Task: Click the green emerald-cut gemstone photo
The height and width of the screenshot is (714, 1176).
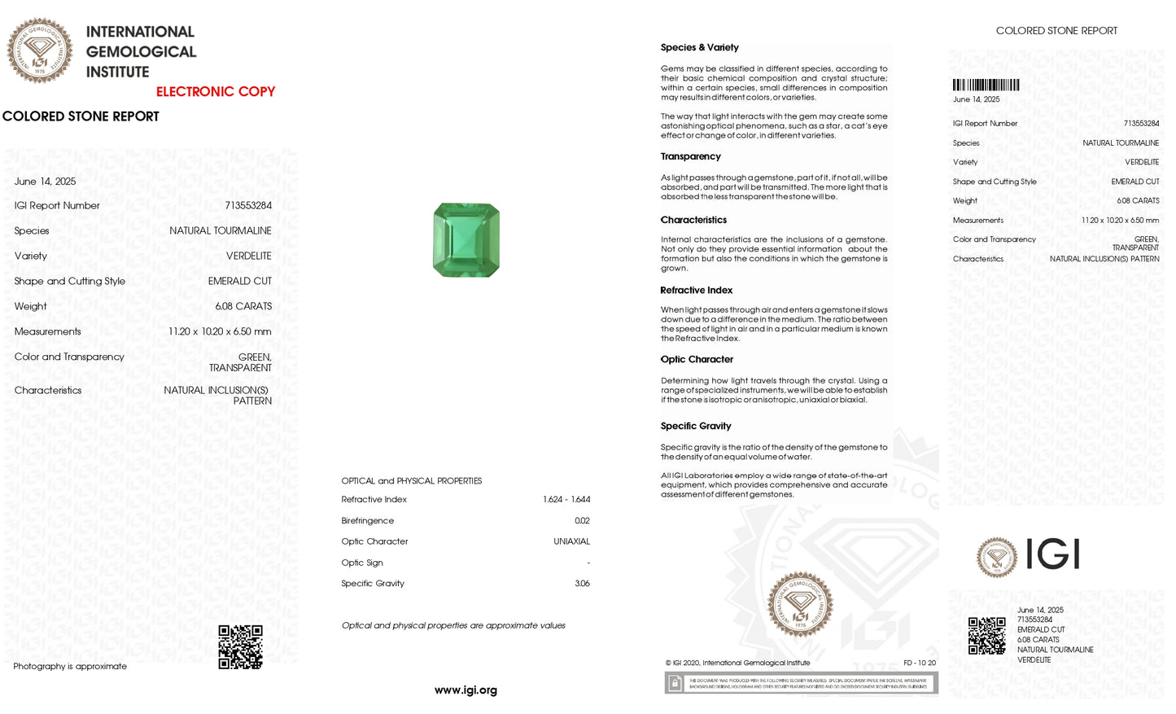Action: coord(466,240)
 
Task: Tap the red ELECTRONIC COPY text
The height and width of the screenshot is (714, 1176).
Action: coord(216,92)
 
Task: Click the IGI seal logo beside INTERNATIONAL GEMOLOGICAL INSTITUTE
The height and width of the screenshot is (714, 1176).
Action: coord(39,50)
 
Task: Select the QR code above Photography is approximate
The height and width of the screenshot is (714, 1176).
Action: coord(240,647)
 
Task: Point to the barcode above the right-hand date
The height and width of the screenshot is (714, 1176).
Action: coord(986,85)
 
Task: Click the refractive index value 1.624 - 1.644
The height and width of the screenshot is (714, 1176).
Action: coord(566,500)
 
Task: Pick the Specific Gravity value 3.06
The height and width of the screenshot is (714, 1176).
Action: coord(582,584)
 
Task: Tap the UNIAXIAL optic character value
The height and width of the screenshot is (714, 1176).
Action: coord(571,541)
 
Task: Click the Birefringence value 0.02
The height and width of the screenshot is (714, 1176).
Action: coord(582,521)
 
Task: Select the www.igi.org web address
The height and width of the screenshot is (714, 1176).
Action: coord(466,690)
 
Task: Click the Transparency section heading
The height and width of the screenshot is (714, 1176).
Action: coord(690,156)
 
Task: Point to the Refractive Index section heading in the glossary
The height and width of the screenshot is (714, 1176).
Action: coord(696,291)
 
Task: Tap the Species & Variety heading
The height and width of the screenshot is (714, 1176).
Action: coord(699,48)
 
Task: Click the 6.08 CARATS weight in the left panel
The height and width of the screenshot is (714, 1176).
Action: coord(243,307)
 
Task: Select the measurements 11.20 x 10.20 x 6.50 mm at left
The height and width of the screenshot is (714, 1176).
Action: coord(220,332)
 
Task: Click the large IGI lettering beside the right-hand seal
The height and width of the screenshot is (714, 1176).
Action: coord(1052,555)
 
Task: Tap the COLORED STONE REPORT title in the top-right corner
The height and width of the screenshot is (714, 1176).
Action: coord(1056,31)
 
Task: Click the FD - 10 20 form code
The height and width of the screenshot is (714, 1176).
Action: coord(920,664)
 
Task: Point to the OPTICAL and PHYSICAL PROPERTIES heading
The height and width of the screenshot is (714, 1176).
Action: coord(411,481)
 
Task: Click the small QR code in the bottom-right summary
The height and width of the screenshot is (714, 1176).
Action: coord(986,636)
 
